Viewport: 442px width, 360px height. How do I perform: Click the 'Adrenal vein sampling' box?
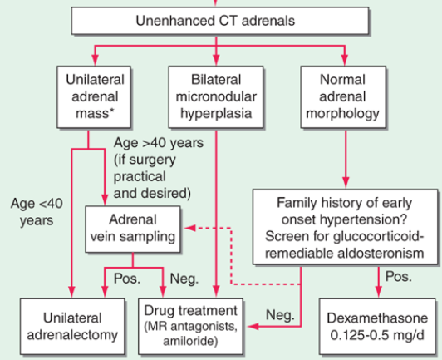pyautogui.click(x=133, y=229)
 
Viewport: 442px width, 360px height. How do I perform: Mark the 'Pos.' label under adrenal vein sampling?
pyautogui.click(x=124, y=278)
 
